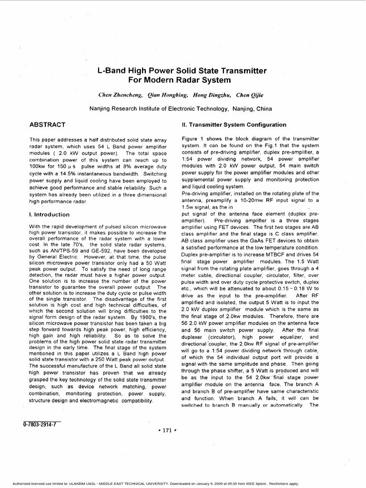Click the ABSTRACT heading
(47, 125)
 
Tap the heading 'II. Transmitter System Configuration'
(234, 125)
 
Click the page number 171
(166, 430)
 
